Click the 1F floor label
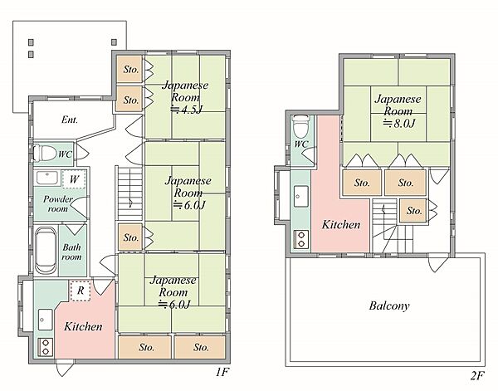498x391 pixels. (x=222, y=372)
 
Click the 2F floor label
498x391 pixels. (x=477, y=376)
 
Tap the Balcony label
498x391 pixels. (x=389, y=305)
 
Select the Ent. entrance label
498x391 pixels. (x=70, y=120)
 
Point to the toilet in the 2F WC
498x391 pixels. (x=300, y=126)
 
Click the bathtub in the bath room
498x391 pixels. (x=46, y=251)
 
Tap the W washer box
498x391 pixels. (x=74, y=179)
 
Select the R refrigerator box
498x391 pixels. (x=81, y=291)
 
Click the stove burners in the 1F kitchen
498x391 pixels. (x=45, y=347)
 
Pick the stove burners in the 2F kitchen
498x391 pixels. (x=301, y=239)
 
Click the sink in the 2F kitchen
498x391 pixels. (x=300, y=196)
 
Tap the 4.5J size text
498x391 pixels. (x=187, y=110)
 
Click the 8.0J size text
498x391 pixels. (x=399, y=123)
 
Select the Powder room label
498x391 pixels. (x=58, y=204)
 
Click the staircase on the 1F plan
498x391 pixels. (x=130, y=193)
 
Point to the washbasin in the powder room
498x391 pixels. (x=46, y=178)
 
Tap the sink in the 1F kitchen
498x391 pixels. (x=45, y=320)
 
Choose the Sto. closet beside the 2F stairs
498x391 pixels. (x=413, y=211)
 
